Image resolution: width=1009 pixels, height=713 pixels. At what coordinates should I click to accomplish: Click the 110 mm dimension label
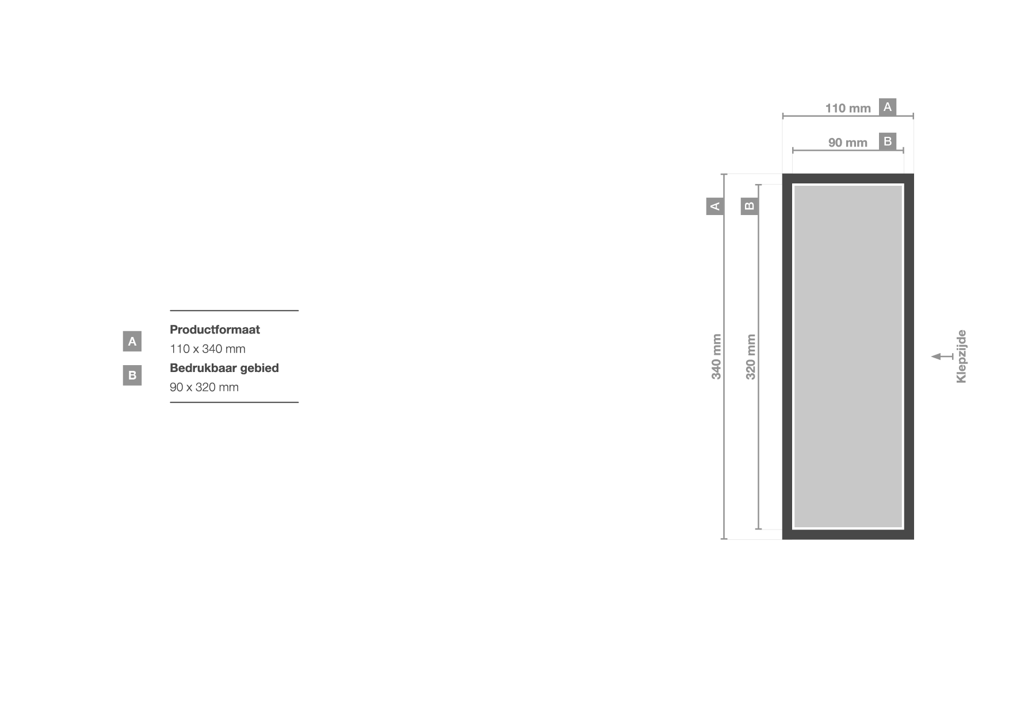pyautogui.click(x=848, y=108)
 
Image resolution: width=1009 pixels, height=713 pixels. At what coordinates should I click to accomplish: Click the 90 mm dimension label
pyautogui.click(x=848, y=143)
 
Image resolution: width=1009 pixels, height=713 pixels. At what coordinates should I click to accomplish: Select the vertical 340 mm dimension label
pyautogui.click(x=716, y=356)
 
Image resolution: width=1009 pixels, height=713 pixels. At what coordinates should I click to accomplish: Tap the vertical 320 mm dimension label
pyautogui.click(x=751, y=356)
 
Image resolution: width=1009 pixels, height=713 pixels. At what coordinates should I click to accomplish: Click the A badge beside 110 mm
pyautogui.click(x=888, y=107)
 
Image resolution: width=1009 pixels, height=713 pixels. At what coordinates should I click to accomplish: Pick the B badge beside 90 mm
pyautogui.click(x=888, y=141)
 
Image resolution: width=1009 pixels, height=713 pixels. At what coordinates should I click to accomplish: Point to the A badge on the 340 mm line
pyautogui.click(x=715, y=206)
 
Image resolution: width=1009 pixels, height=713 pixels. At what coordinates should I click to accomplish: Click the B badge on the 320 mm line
pyautogui.click(x=750, y=206)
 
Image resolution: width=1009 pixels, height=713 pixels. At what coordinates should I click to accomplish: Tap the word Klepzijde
pyautogui.click(x=961, y=356)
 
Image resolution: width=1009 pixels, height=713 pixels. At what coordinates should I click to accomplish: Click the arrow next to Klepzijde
pyautogui.click(x=942, y=356)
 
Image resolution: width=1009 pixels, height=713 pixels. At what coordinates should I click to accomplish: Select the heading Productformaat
pyautogui.click(x=215, y=329)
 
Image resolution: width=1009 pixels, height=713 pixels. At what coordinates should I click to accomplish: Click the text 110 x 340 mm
pyautogui.click(x=208, y=349)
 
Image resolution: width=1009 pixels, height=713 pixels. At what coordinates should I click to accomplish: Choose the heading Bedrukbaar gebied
pyautogui.click(x=224, y=368)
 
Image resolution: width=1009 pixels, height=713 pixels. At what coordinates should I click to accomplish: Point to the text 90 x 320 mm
pyautogui.click(x=204, y=387)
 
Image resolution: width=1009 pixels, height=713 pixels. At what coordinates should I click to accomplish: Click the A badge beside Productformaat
pyautogui.click(x=132, y=342)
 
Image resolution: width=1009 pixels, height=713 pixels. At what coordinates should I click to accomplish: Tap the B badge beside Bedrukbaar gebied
pyautogui.click(x=132, y=375)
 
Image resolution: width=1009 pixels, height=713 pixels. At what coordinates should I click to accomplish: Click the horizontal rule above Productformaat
pyautogui.click(x=234, y=310)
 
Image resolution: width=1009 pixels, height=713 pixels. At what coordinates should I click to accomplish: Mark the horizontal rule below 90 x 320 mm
pyautogui.click(x=234, y=402)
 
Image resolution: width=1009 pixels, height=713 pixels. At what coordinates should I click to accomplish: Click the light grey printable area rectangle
pyautogui.click(x=848, y=356)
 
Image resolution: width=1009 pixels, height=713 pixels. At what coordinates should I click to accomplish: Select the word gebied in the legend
pyautogui.click(x=259, y=368)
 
